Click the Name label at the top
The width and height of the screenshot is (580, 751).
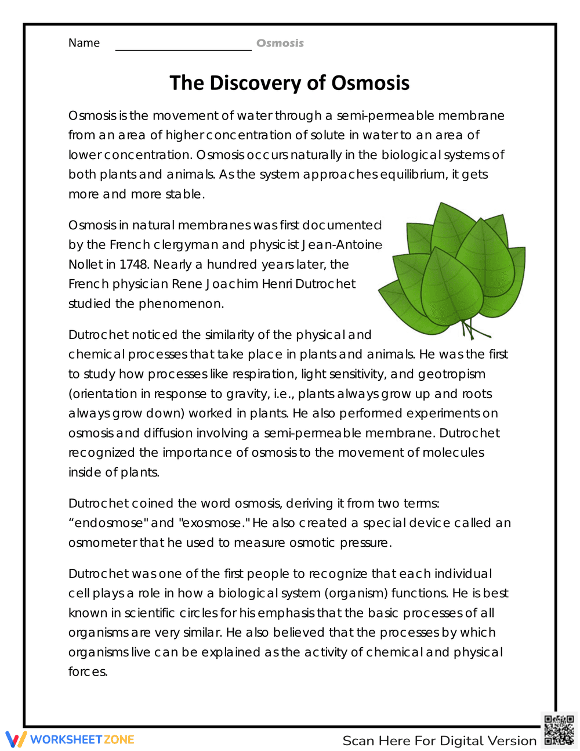click(x=84, y=43)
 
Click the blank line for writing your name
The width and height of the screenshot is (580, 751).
click(x=183, y=46)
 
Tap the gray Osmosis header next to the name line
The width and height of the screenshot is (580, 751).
click(x=280, y=43)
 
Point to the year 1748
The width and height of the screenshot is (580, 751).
click(x=133, y=265)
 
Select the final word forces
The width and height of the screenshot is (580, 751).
click(x=88, y=672)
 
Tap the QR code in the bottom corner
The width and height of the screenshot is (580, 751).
click(x=559, y=730)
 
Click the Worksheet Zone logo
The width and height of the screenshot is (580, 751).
click(x=70, y=739)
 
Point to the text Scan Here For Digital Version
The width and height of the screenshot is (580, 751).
click(x=439, y=741)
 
